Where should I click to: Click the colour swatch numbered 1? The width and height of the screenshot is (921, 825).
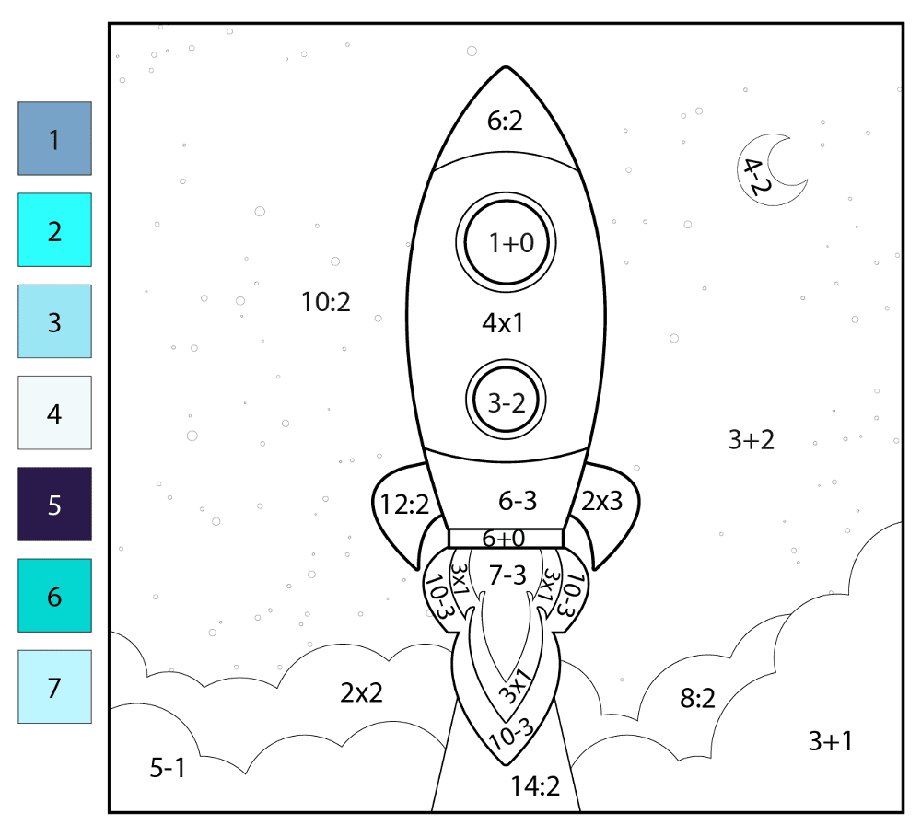[54, 139]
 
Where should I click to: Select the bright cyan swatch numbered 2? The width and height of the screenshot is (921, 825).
[54, 229]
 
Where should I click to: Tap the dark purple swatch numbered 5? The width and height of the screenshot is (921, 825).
[54, 504]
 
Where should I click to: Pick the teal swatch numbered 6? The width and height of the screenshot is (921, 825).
[54, 596]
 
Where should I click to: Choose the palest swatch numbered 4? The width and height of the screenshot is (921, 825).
[54, 412]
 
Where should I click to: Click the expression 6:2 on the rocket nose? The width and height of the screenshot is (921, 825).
[505, 121]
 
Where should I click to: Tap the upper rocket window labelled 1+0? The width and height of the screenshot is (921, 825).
[506, 242]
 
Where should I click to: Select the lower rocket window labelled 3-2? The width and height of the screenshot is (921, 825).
[506, 400]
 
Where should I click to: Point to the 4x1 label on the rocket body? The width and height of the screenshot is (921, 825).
[503, 323]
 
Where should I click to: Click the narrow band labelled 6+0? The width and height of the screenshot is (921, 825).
[506, 539]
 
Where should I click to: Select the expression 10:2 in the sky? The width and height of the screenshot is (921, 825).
[325, 302]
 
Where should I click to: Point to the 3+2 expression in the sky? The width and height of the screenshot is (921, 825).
[752, 440]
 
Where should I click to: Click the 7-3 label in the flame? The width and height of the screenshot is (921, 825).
[507, 575]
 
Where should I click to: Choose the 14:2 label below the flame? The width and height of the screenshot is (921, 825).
[535, 786]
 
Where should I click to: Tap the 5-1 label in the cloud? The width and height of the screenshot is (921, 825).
[168, 768]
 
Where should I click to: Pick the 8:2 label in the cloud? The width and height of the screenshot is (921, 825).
[698, 699]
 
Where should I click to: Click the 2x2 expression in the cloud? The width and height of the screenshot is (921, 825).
[361, 693]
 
